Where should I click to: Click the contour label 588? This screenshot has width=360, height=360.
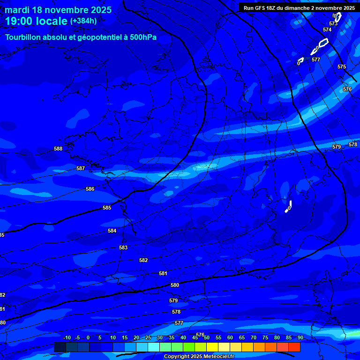58,149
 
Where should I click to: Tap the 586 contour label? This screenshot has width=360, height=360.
90,189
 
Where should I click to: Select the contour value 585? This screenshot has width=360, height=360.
107,208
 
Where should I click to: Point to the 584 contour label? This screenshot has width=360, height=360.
112,231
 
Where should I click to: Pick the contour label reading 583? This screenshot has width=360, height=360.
123,247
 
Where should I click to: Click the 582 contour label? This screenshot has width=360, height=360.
143,260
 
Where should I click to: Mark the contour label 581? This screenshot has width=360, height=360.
163,273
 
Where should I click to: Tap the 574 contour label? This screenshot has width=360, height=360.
327,30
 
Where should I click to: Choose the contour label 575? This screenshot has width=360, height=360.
342,67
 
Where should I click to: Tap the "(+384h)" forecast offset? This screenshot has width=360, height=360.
83,21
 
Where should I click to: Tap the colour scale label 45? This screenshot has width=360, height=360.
195,337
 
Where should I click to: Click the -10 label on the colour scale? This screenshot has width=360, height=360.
67,337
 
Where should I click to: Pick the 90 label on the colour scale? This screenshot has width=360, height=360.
300,337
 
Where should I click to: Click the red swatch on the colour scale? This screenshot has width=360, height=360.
294,347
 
